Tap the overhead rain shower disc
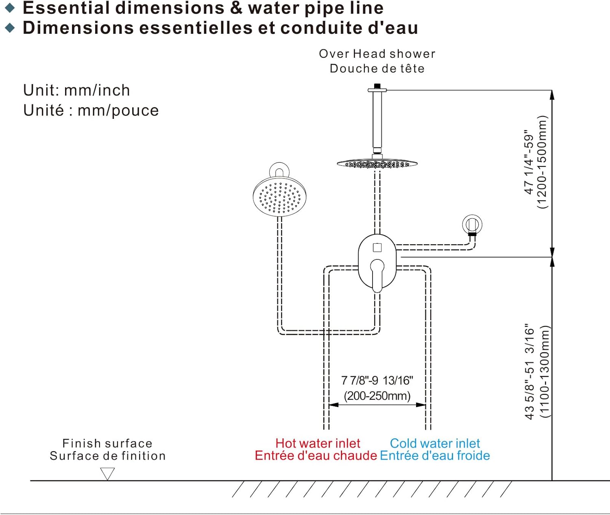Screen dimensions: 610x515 point(377,164)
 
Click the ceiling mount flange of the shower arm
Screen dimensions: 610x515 point(377,90)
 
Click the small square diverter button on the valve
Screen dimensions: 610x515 point(377,248)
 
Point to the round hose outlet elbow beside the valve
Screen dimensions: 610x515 point(472,225)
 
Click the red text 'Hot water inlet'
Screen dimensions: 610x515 point(318,443)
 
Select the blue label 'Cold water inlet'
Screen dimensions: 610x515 point(435,443)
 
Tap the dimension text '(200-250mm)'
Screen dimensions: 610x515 point(377,396)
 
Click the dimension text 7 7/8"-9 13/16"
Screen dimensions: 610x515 point(377,381)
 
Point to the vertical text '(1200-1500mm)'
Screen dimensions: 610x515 point(542,162)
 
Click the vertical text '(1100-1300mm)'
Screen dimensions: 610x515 point(544,372)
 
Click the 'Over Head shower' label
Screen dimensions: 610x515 point(377,54)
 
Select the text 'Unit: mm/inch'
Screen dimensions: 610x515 point(76,90)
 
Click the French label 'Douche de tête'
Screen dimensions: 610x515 point(377,68)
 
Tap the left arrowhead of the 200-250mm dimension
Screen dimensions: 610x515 point(333,405)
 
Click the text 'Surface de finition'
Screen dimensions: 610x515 point(108,456)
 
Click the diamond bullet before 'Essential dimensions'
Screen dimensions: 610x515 point(10,8)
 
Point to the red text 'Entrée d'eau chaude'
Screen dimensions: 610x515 point(316,456)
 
